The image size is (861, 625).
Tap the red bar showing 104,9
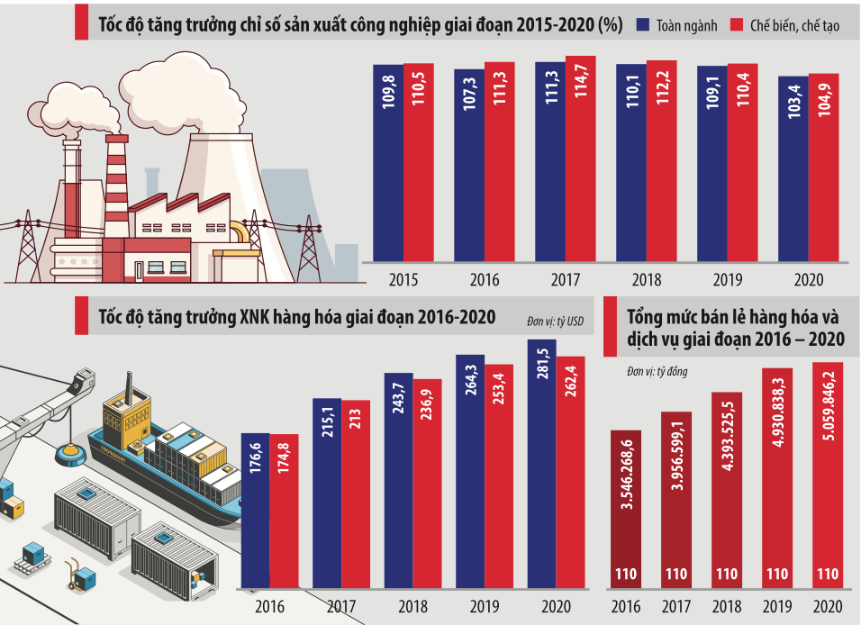point(823,168)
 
